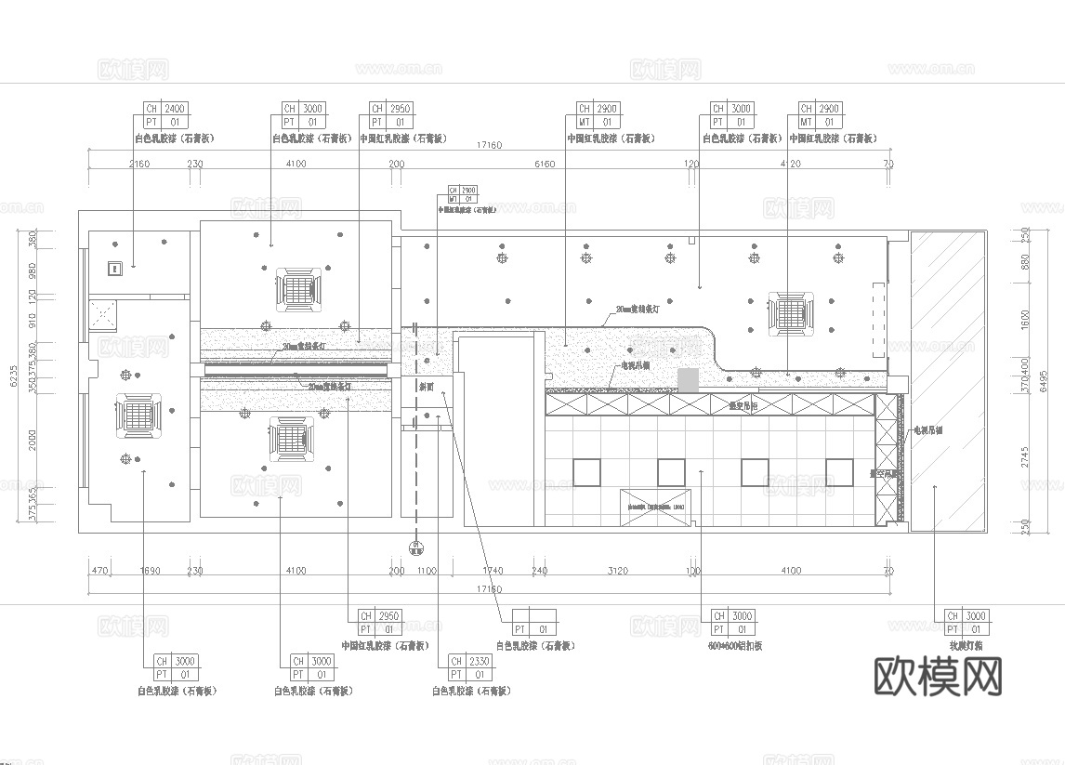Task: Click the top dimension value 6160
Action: [x=545, y=164]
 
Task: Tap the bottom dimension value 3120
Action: [x=616, y=571]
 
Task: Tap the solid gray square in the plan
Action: [x=687, y=379]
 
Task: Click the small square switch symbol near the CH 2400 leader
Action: [x=114, y=270]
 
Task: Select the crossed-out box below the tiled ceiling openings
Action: [x=655, y=508]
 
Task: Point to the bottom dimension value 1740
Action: [x=493, y=571]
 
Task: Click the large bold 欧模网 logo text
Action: [x=939, y=677]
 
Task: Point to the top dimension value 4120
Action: [x=789, y=164]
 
